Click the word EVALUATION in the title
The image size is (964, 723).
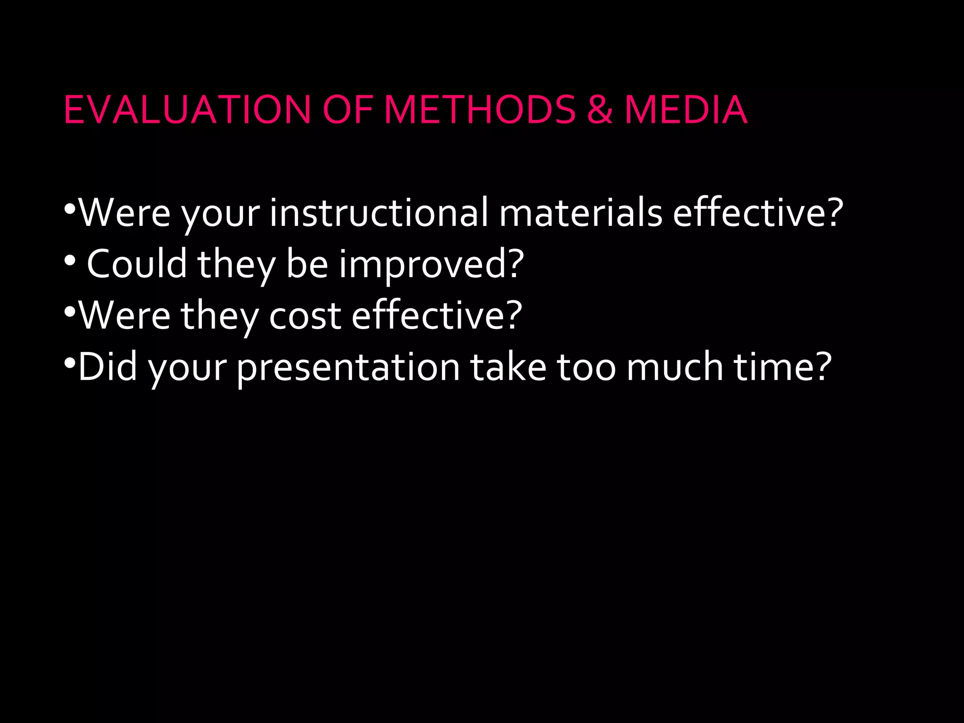[187, 110]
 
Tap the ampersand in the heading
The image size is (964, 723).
[599, 110]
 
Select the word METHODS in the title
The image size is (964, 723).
[480, 110]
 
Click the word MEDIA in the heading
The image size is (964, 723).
[686, 110]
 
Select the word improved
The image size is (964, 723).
[424, 265]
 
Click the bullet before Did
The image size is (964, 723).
[70, 363]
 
